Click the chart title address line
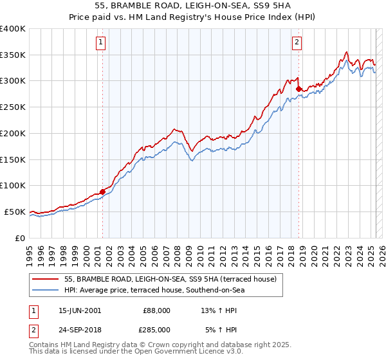pyautogui.click(x=192, y=6)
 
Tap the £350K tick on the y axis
pyautogui.click(x=13, y=55)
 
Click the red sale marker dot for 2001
pyautogui.click(x=102, y=192)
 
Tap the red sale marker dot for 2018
pyautogui.click(x=299, y=89)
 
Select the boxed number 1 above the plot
pyautogui.click(x=102, y=43)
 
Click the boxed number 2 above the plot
pyautogui.click(x=297, y=43)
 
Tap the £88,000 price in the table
pyautogui.click(x=156, y=310)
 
